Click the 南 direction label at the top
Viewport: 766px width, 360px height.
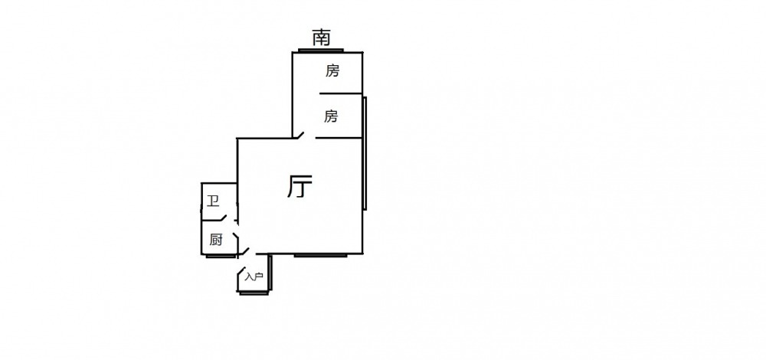coord(322,36)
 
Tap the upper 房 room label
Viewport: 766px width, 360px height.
coord(332,71)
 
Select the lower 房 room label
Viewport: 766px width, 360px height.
coord(331,116)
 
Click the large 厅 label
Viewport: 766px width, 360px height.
coord(300,187)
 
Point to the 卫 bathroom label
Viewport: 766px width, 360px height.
coord(213,202)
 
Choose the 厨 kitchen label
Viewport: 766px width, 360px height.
coord(216,240)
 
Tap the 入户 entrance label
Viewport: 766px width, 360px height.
coord(254,277)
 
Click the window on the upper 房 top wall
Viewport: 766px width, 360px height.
coord(321,51)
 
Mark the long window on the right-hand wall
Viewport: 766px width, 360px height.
coord(365,153)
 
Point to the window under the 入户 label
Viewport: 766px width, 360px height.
coord(253,291)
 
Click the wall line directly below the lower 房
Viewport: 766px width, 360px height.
coord(339,139)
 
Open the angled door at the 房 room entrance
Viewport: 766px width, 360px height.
coord(300,136)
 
